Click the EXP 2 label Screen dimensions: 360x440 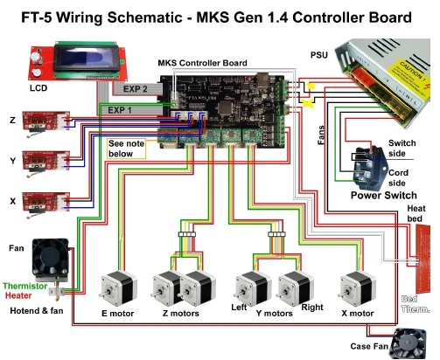(136, 89)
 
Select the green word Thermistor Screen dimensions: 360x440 (25, 286)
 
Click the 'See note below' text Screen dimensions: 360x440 (127, 148)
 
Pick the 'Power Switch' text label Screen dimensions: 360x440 (385, 196)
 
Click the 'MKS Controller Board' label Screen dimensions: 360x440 (202, 64)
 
